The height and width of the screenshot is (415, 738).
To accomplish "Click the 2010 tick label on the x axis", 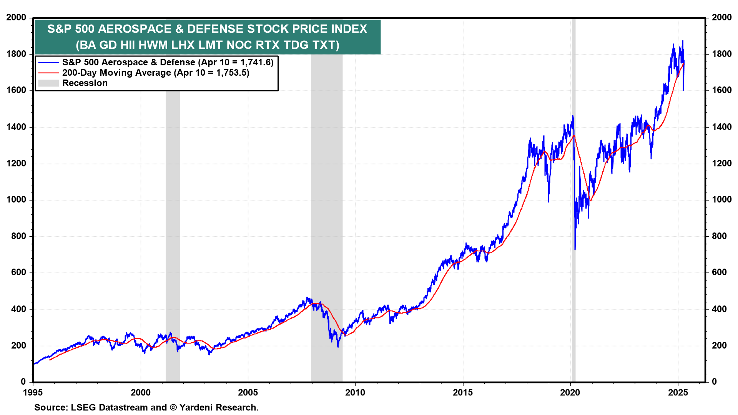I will [x=355, y=392].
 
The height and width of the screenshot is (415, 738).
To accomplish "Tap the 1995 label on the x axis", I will [x=33, y=392].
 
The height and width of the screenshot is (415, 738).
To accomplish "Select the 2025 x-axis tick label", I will [x=678, y=392].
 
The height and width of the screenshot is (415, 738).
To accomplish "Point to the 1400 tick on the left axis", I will [x=16, y=127].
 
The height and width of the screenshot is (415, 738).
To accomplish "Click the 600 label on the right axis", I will [x=719, y=272].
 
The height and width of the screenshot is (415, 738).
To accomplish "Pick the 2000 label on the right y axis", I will [x=721, y=17].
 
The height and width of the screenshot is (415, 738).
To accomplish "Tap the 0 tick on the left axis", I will [x=23, y=382].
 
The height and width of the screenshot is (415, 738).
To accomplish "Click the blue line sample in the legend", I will [x=48, y=62].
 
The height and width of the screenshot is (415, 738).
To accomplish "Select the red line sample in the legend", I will [x=48, y=73].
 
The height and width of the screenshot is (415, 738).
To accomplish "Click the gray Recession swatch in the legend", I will [x=48, y=83].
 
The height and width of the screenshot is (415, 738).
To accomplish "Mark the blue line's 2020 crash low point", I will [x=575, y=250].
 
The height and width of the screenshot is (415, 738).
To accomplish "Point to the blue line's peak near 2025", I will [x=683, y=41].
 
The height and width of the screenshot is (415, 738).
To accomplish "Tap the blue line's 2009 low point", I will [x=338, y=347].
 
